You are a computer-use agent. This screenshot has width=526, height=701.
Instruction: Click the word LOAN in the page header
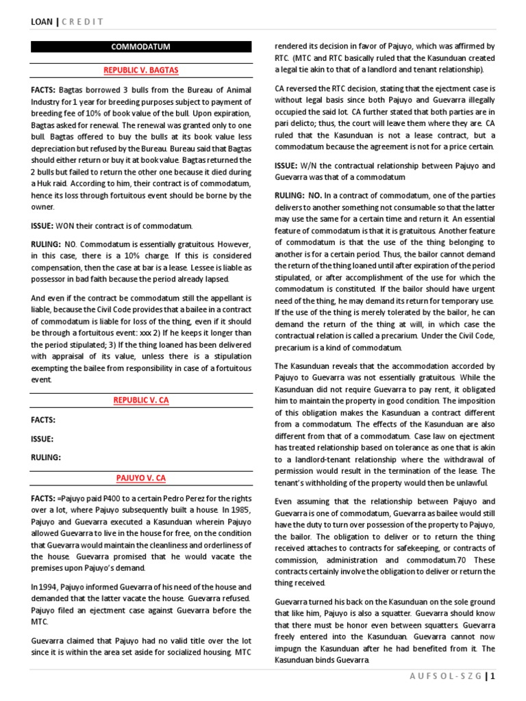(42, 22)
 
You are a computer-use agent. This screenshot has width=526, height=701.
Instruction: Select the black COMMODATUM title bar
(140, 47)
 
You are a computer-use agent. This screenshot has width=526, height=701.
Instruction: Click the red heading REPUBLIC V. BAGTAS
(140, 70)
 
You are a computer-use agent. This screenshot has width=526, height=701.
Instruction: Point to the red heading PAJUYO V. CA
(140, 477)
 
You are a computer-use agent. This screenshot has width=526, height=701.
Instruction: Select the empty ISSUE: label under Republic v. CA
(42, 439)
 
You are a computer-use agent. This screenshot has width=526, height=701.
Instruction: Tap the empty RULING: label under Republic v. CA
(46, 457)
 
